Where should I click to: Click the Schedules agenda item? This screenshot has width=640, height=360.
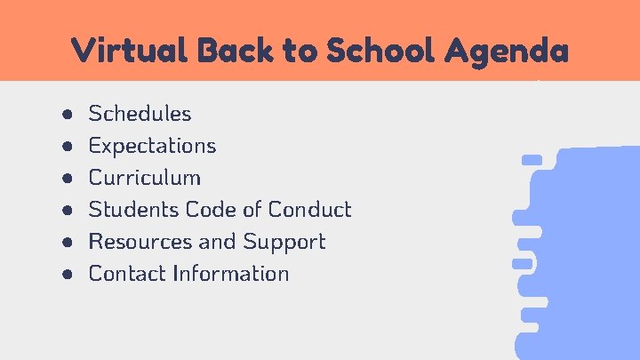point(140,114)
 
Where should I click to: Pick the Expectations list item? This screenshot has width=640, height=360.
point(152,146)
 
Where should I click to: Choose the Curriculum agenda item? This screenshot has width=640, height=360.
point(144,178)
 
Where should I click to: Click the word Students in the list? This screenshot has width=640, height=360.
point(134,210)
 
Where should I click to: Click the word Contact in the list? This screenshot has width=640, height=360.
point(128,274)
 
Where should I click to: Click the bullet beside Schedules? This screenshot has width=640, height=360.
point(68,115)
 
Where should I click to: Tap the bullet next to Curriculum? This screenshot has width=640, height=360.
point(68,179)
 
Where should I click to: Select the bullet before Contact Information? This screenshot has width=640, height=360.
point(68,275)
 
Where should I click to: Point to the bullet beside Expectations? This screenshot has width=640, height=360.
point(68,147)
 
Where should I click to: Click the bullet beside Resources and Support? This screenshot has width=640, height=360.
point(68,243)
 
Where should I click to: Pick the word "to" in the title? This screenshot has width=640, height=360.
point(301,50)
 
